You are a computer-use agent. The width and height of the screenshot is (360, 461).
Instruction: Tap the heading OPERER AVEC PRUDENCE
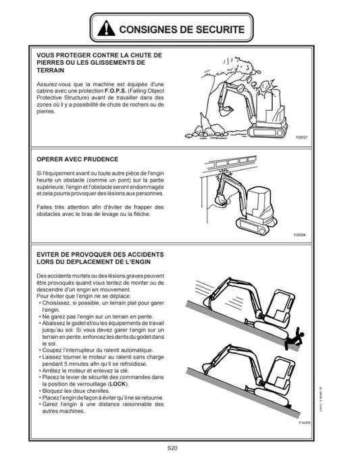[78, 159]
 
